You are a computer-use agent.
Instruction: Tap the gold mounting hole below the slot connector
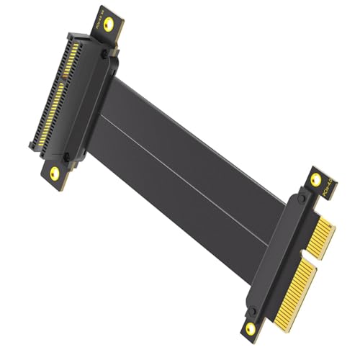53,173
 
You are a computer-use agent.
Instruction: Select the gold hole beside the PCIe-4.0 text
314,180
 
